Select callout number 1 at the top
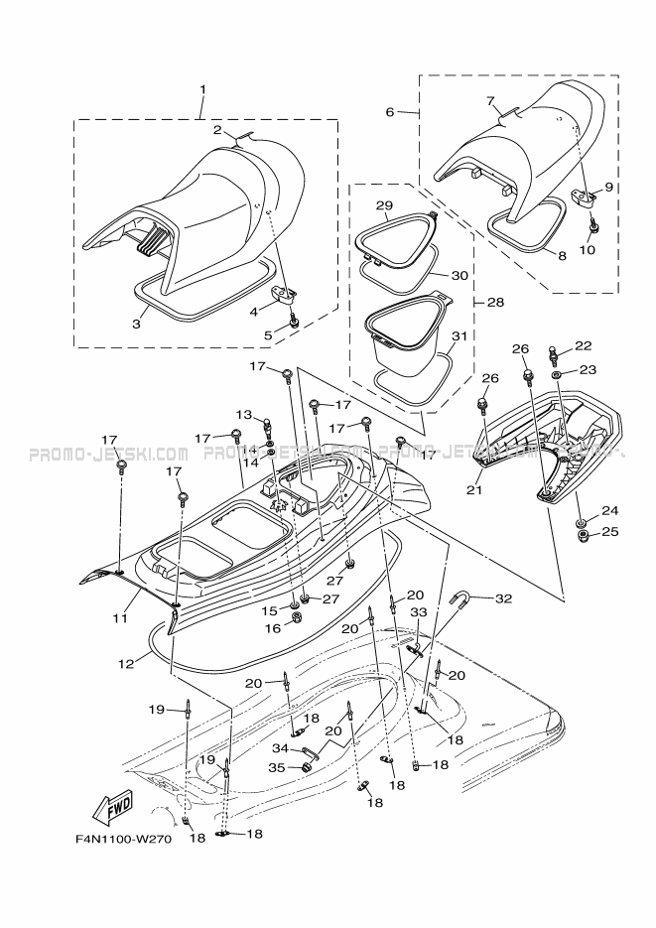point(202,89)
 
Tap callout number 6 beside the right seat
point(390,111)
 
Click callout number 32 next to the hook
point(504,598)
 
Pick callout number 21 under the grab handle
point(474,488)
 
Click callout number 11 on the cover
point(120,617)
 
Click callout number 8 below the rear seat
point(562,256)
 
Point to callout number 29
point(383,206)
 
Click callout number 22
point(583,346)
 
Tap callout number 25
point(609,532)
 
